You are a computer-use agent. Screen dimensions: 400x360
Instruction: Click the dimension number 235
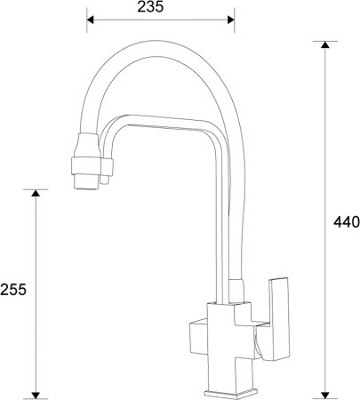point(160,8)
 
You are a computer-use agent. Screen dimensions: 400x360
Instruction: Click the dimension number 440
point(345,222)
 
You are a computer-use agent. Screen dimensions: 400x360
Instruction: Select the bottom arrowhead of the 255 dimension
point(36,391)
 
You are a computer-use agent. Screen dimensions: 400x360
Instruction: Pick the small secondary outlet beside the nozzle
point(106,178)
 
